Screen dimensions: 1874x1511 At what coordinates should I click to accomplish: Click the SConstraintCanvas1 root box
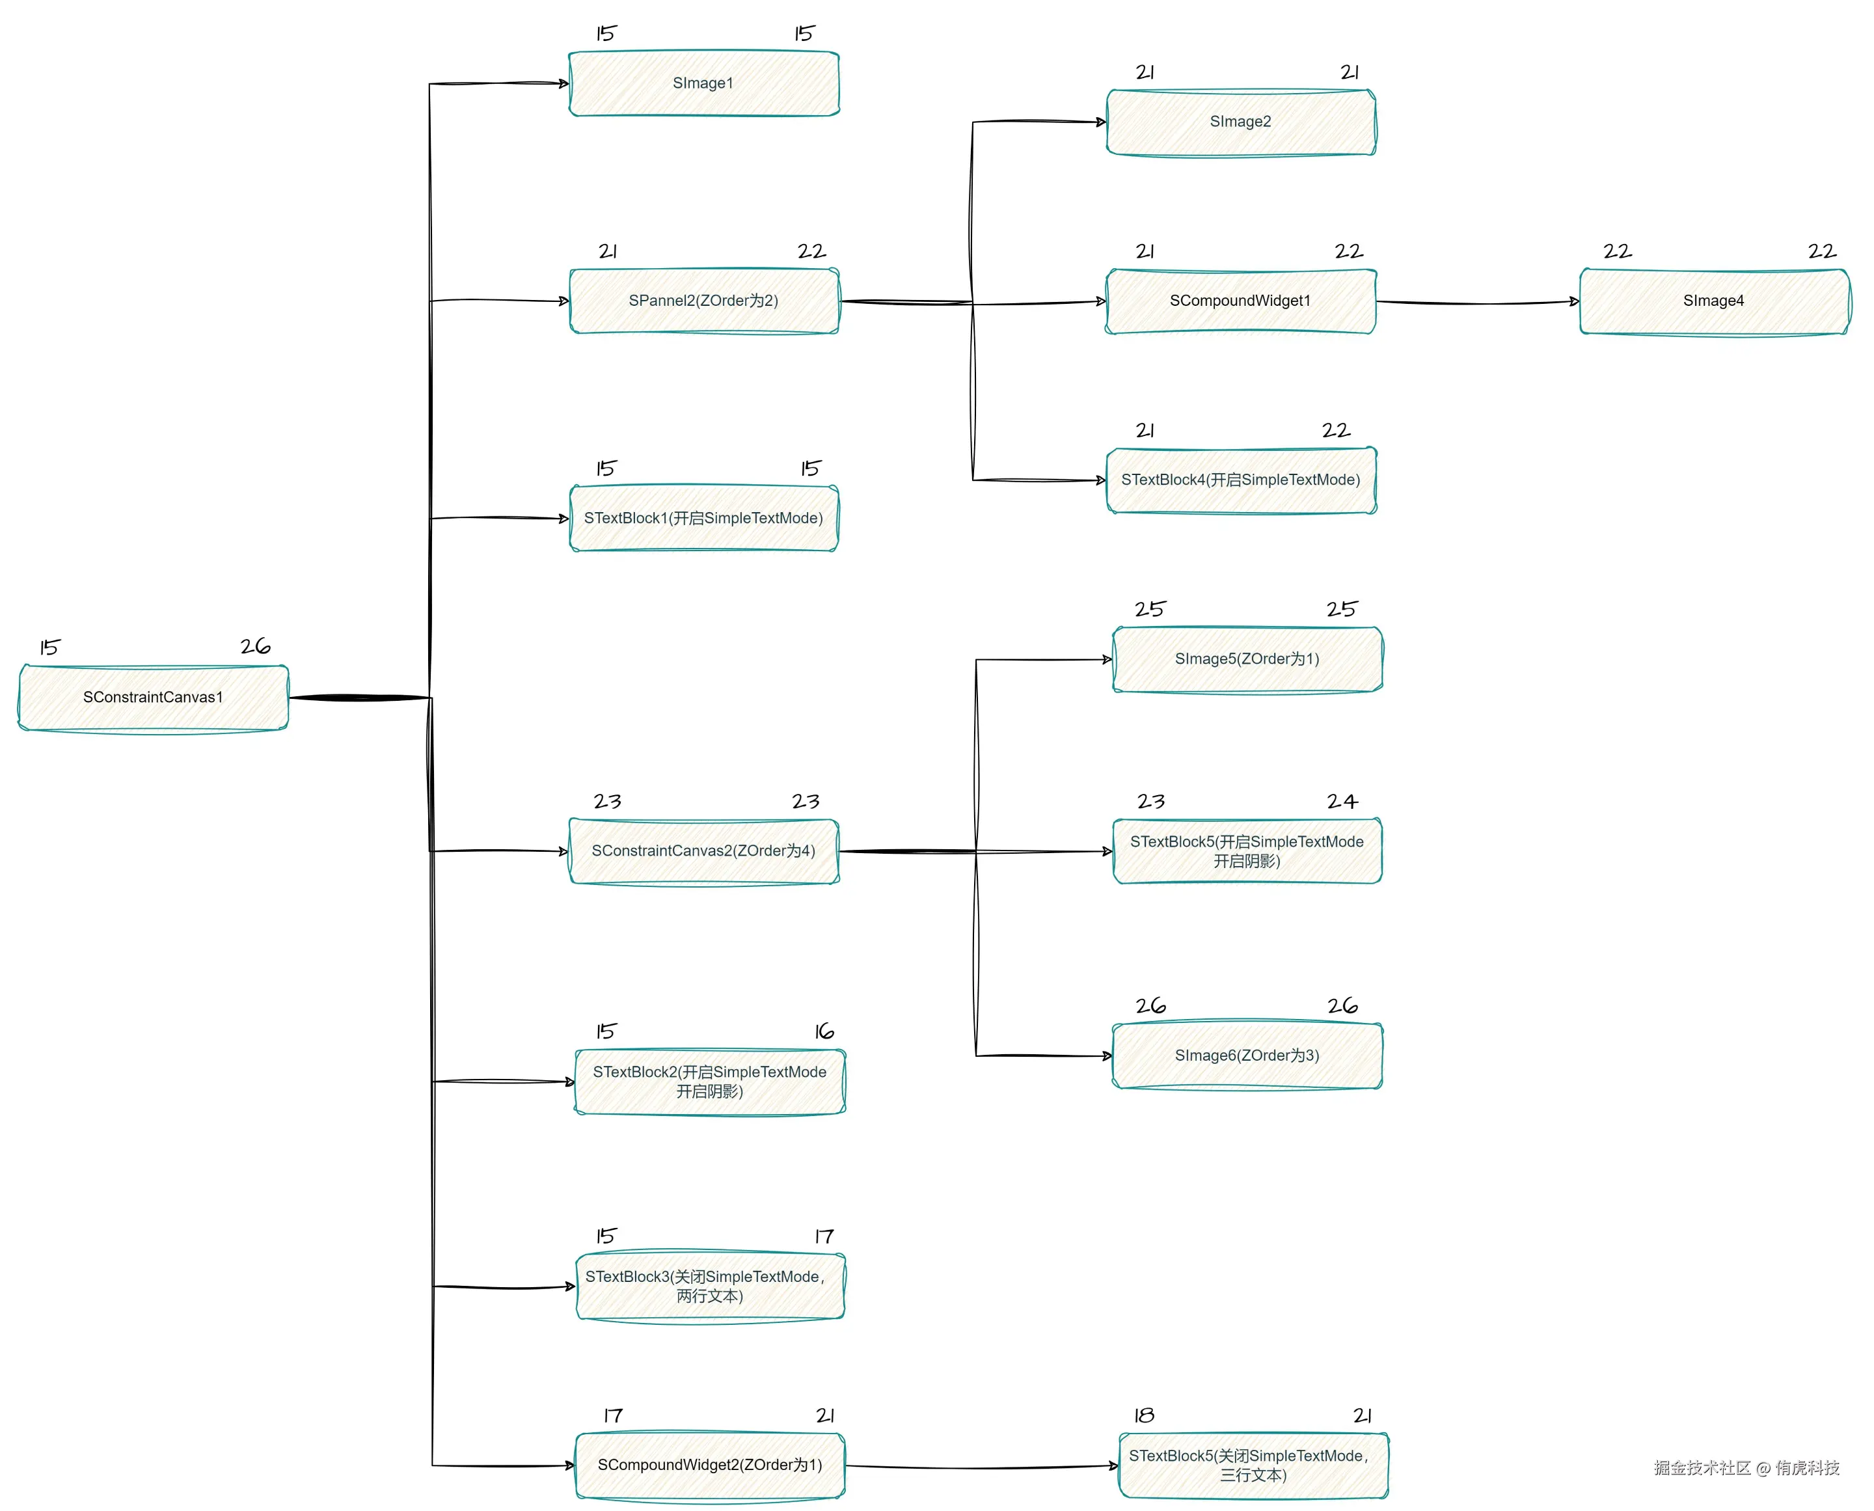coord(153,697)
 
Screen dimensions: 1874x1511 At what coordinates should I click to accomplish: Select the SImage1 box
coord(703,83)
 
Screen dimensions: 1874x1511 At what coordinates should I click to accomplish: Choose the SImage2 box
coord(1240,122)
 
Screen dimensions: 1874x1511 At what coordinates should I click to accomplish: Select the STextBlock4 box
coord(1240,480)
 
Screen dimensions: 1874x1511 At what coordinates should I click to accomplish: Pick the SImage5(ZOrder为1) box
coord(1247,660)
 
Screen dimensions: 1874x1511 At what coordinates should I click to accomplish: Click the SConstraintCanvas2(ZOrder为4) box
coord(703,851)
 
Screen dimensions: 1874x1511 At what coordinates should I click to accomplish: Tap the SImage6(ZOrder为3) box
coord(1247,1055)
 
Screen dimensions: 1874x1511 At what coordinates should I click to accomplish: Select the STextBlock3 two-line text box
coord(709,1286)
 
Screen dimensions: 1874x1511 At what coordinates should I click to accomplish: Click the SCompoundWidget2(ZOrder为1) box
coord(709,1465)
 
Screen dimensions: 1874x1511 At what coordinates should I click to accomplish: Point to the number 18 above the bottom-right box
coord(1144,1416)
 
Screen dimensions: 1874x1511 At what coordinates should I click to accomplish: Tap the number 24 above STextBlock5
coord(1341,802)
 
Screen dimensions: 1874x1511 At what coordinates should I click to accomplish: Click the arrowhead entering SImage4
coord(1575,302)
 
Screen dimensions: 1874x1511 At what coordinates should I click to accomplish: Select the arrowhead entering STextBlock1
coord(564,519)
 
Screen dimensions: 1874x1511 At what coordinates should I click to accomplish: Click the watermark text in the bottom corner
coord(1746,1468)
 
